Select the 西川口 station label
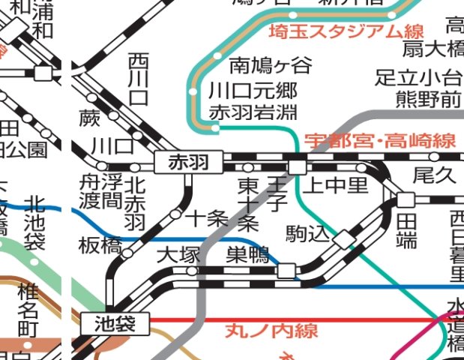tap(139, 79)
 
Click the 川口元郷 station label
tap(253, 92)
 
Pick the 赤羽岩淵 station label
tap(253, 112)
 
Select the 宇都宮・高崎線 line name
tap(380, 140)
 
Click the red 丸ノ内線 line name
tap(271, 331)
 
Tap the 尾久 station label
tap(434, 176)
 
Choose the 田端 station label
tap(406, 230)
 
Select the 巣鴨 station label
tap(247, 255)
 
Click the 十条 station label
tap(206, 219)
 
